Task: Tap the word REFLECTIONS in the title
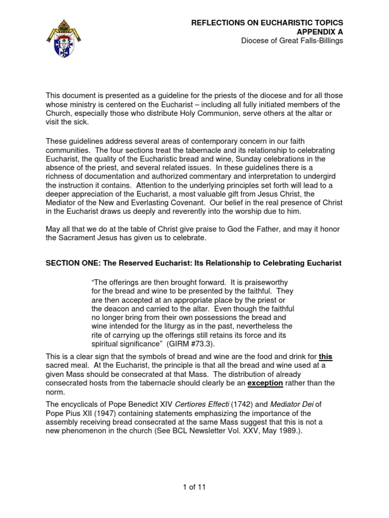pos(216,23)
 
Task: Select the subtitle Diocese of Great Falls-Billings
pos(291,40)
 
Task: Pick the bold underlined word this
pos(325,357)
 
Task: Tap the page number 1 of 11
pos(194,487)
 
